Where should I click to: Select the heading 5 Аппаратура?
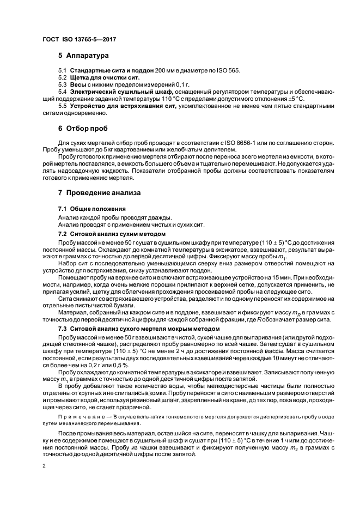coord(83,56)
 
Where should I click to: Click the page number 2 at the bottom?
coord(44,466)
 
